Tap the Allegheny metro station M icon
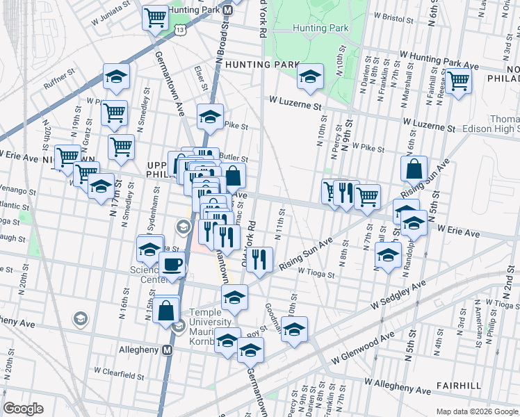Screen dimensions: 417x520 click(x=167, y=350)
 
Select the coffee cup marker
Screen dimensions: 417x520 click(x=172, y=265)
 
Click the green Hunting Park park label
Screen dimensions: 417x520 click(x=320, y=28)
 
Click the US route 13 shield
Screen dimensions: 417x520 click(x=181, y=30)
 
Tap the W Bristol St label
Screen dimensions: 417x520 click(x=400, y=14)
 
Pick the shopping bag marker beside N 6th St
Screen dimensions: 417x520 click(x=414, y=169)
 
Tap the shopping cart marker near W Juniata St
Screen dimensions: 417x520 click(x=154, y=18)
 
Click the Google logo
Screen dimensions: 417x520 click(x=24, y=409)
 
